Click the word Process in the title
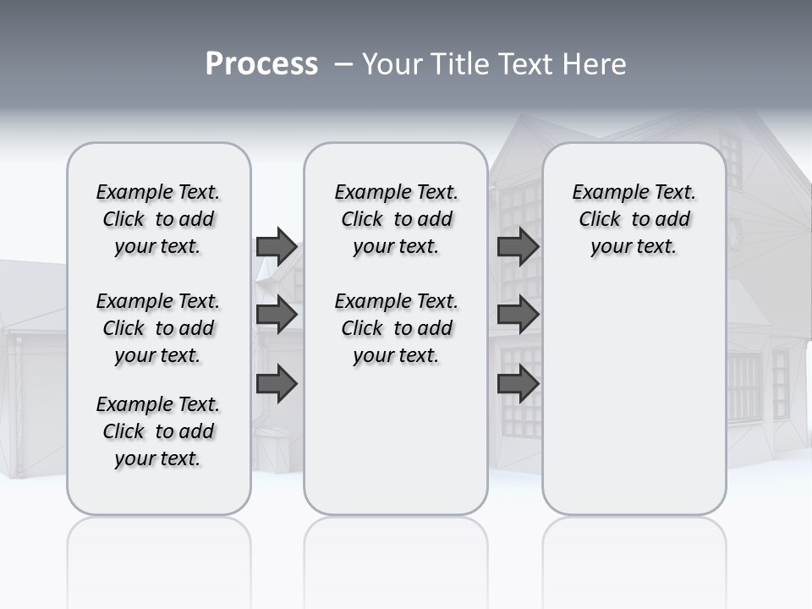coord(261,64)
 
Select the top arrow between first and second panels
coord(277,246)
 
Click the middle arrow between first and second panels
coord(277,315)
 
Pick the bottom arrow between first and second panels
coord(277,383)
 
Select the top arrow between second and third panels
coord(518,246)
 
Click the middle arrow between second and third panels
coord(518,315)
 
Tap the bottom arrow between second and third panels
coord(518,383)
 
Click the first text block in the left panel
coord(158,219)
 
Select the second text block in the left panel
coord(158,328)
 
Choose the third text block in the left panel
coord(158,431)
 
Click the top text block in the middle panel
coord(396,219)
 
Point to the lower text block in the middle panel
coord(396,328)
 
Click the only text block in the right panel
coord(634,219)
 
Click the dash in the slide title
coord(343,65)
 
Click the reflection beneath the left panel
coord(158,558)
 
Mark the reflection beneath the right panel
coord(634,558)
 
